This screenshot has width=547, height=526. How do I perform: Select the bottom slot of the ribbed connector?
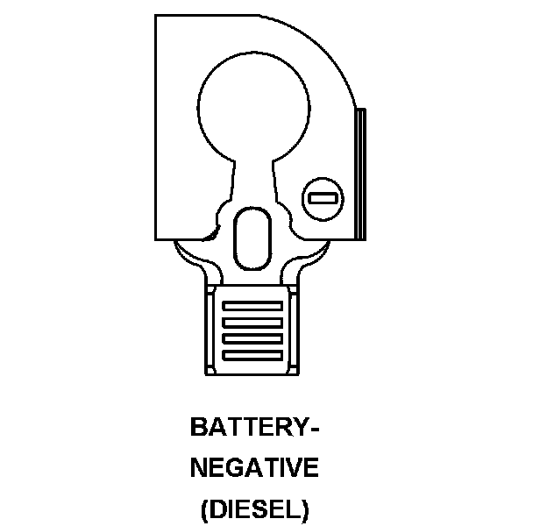[x=253, y=353]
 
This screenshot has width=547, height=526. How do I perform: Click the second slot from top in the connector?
[x=253, y=322]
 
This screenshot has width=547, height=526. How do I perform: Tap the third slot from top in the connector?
[x=253, y=338]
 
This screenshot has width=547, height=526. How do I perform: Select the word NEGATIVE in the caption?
[x=254, y=468]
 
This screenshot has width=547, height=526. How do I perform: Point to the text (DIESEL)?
[x=254, y=509]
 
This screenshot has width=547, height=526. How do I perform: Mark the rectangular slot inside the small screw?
[x=322, y=200]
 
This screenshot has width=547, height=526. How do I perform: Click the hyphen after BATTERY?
[x=313, y=429]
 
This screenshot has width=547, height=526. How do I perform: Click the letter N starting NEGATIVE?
[x=199, y=468]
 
